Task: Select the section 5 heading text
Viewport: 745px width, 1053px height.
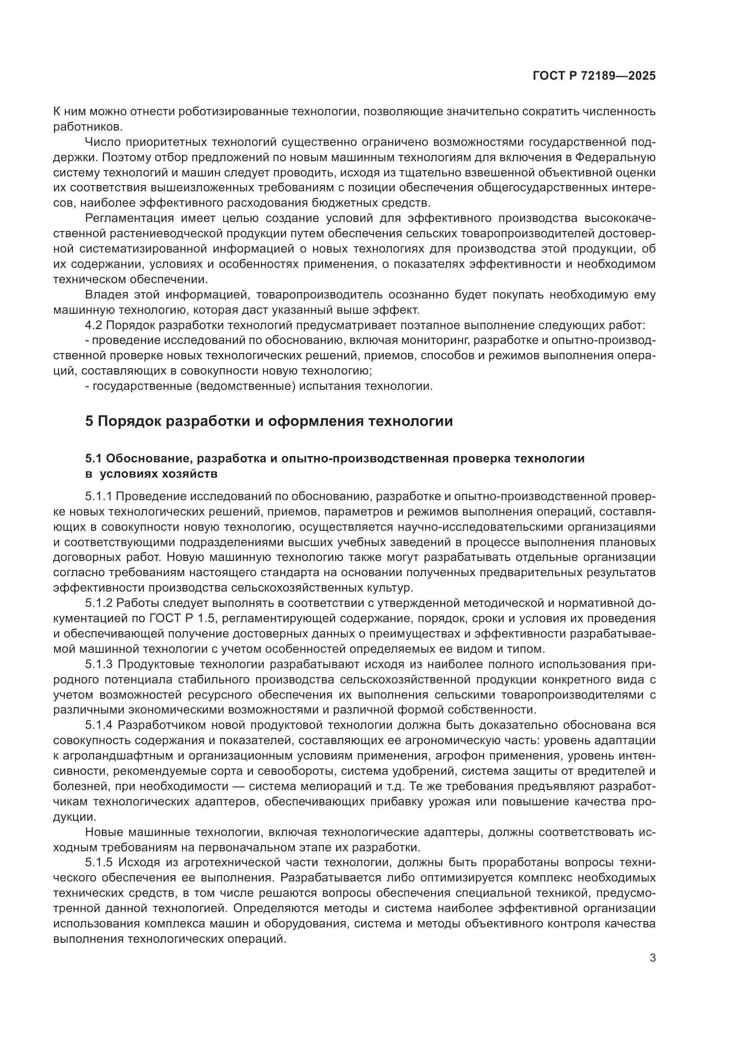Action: [x=269, y=420]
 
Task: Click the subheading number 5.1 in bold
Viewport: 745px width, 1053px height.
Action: [x=94, y=459]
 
